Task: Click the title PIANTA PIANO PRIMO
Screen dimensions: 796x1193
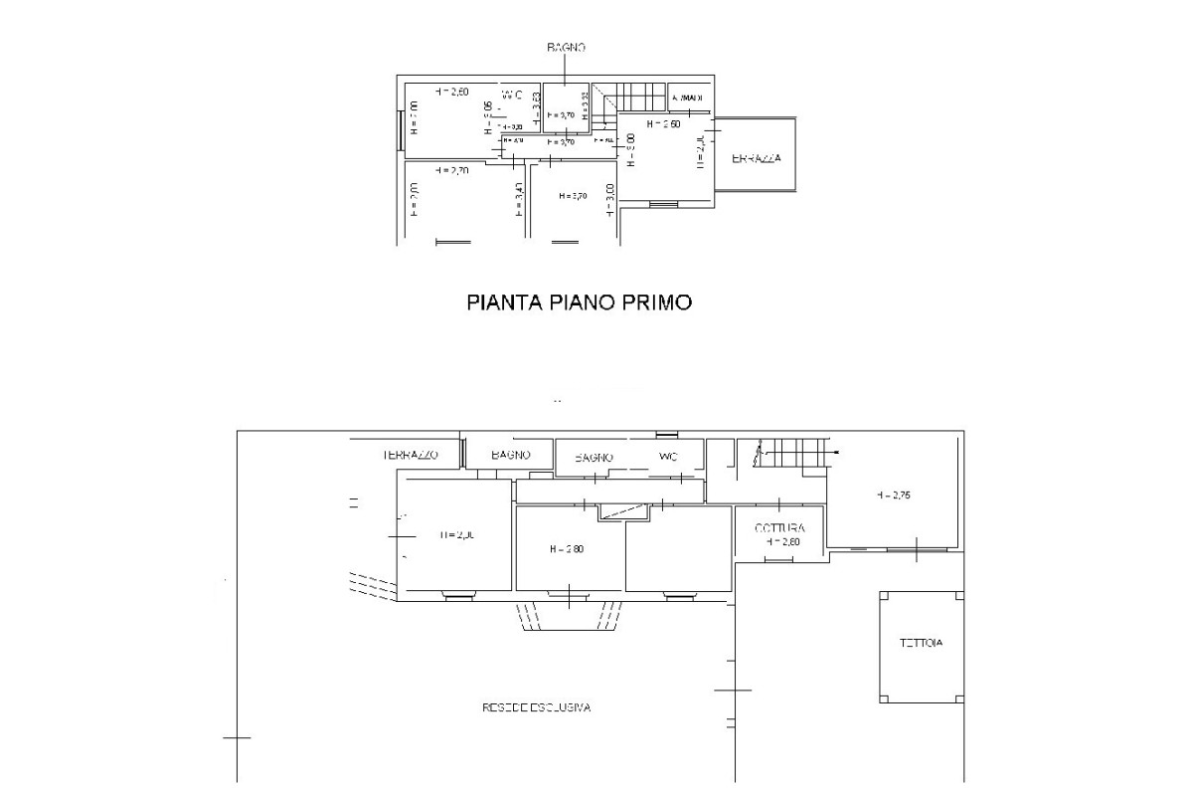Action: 579,302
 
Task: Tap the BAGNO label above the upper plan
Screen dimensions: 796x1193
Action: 566,47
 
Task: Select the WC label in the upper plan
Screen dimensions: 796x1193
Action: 512,95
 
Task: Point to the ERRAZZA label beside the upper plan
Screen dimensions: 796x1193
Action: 757,159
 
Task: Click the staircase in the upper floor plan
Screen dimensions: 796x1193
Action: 636,99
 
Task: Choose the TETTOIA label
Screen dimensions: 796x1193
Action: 921,643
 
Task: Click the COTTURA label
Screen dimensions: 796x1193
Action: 779,527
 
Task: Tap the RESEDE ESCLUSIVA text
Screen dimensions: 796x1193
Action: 537,708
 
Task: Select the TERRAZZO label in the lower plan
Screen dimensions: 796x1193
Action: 411,454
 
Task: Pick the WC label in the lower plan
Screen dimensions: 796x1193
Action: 668,456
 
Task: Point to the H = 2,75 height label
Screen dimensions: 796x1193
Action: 895,495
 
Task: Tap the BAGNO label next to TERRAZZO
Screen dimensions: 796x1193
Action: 511,454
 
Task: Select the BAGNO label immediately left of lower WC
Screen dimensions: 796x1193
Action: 595,457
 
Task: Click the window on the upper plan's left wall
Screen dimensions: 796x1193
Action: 400,130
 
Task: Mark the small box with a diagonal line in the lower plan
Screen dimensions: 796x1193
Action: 623,511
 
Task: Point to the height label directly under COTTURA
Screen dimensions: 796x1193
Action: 782,542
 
